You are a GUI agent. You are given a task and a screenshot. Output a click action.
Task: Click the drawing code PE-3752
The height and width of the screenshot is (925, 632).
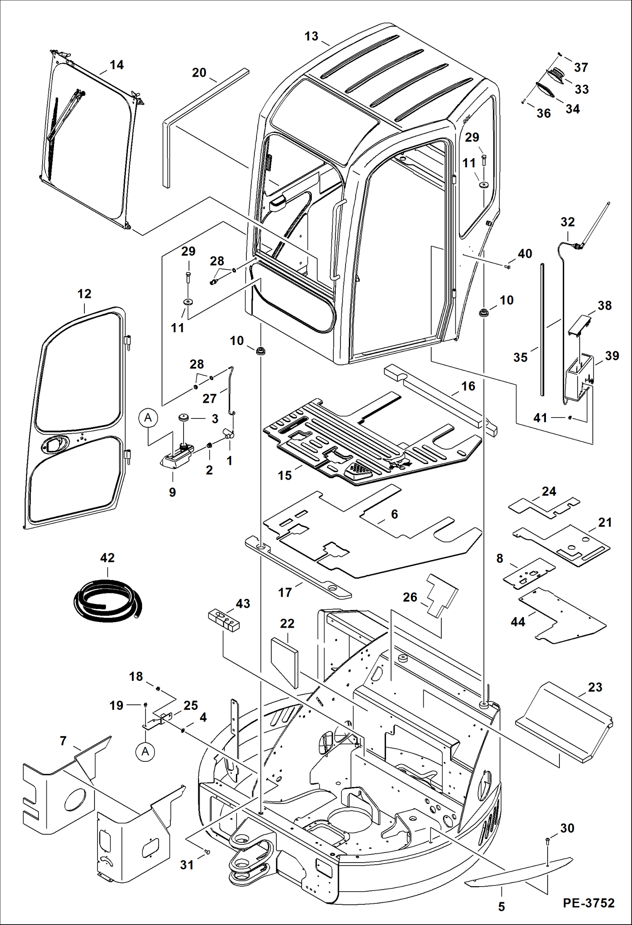click(588, 903)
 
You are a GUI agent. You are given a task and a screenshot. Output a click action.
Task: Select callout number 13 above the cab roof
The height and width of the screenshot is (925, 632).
click(311, 36)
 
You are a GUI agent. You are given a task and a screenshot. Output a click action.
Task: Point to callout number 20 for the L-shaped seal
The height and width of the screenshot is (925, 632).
click(199, 73)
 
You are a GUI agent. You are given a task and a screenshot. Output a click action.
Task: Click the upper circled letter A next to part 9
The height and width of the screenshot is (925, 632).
click(148, 418)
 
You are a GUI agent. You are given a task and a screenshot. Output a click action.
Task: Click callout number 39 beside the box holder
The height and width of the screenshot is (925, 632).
click(612, 356)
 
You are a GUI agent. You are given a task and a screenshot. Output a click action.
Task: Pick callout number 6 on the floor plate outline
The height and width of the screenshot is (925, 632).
click(394, 514)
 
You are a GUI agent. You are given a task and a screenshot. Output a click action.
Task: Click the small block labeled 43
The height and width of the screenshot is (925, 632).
click(224, 620)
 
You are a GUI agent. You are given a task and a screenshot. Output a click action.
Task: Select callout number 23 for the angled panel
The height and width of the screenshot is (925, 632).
click(595, 687)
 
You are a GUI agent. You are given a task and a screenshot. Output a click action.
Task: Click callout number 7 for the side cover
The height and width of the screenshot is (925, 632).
click(63, 741)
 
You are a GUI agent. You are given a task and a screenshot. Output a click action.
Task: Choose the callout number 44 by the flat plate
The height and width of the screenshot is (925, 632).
click(518, 622)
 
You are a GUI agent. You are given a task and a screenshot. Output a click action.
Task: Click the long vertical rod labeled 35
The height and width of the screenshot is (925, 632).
click(542, 329)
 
